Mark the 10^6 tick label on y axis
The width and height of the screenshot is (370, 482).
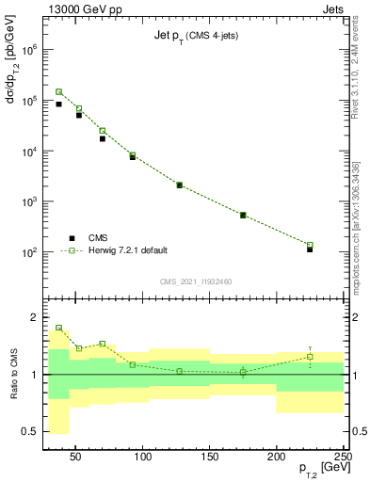(x=31, y=48)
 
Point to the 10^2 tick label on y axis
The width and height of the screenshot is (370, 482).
(x=31, y=252)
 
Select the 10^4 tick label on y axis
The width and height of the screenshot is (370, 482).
(x=31, y=151)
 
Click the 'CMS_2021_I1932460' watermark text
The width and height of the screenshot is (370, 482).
(x=196, y=281)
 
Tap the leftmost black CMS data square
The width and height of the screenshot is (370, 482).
(x=58, y=104)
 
